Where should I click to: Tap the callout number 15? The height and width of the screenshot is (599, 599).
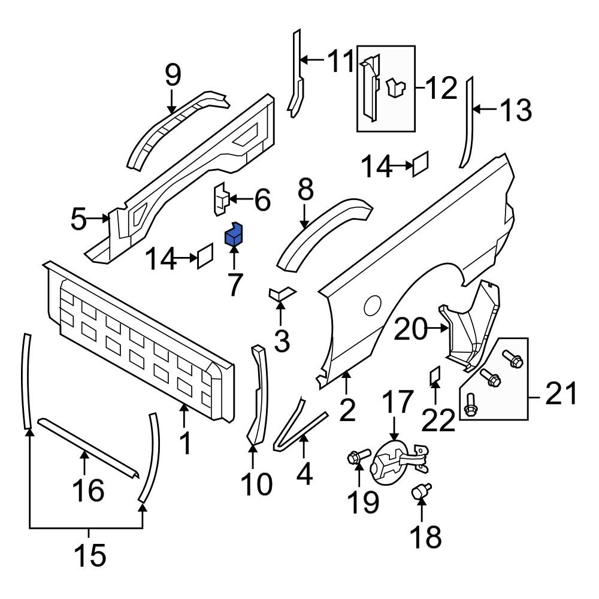click(89, 555)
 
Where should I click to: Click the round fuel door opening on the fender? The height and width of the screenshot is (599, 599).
click(373, 306)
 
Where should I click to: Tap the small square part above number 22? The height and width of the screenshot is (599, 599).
click(435, 376)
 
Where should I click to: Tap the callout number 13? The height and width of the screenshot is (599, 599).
click(515, 110)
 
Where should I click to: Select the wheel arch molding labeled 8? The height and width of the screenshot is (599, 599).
click(323, 225)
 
